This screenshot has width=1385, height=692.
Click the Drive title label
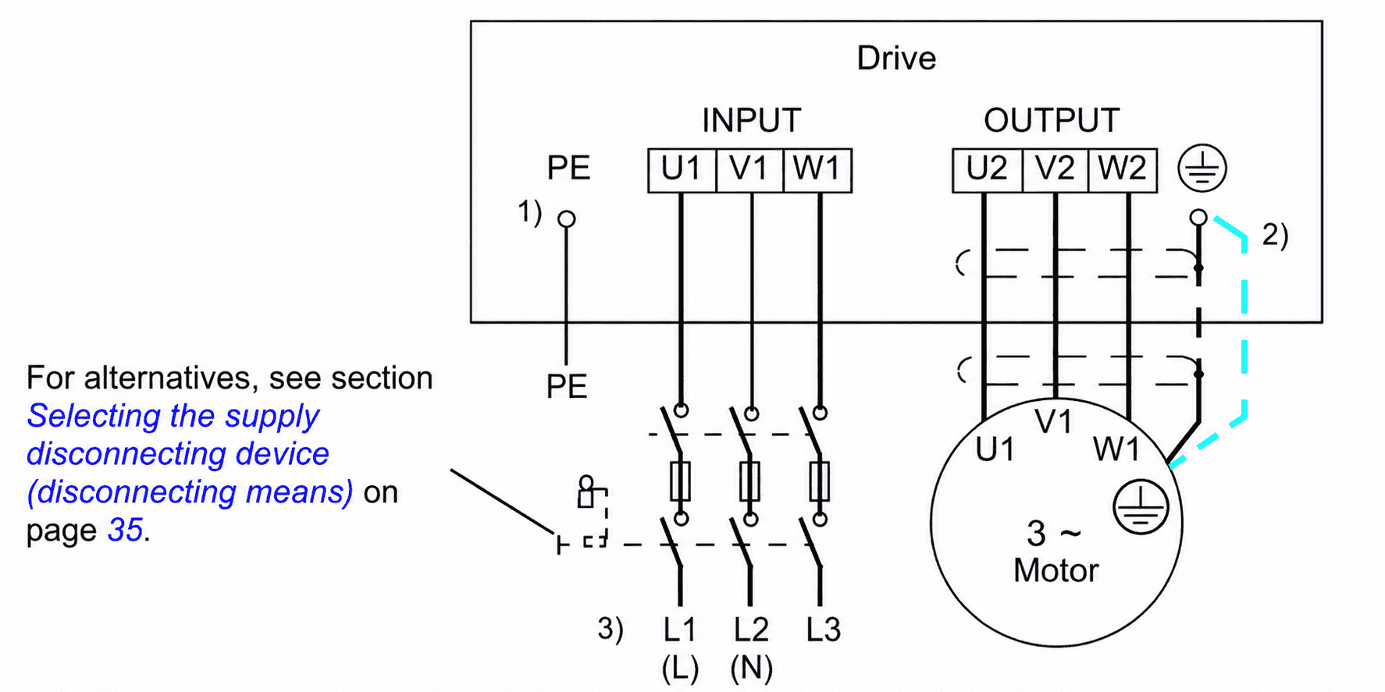click(896, 59)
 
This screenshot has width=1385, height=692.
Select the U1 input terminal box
click(682, 170)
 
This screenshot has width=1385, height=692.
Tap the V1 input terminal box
click(749, 170)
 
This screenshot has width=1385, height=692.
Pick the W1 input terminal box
click(817, 170)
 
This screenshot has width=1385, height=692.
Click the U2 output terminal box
click(987, 170)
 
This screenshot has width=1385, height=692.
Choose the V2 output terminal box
click(1055, 170)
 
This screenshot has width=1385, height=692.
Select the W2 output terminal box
click(1123, 170)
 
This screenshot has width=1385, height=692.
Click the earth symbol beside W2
click(1202, 169)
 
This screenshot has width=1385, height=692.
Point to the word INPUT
click(751, 121)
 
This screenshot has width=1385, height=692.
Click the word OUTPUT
click(1052, 121)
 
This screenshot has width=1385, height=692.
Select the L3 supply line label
click(824, 630)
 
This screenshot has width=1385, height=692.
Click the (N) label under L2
click(751, 669)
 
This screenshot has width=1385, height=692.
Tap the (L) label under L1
click(680, 669)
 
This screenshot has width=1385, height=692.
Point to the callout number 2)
click(1275, 235)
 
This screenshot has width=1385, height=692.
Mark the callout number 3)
click(611, 629)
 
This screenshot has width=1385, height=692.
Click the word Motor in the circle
click(1056, 571)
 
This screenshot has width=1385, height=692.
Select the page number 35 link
click(125, 531)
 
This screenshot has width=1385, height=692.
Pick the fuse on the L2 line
click(749, 481)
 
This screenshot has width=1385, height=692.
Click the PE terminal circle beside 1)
click(567, 219)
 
